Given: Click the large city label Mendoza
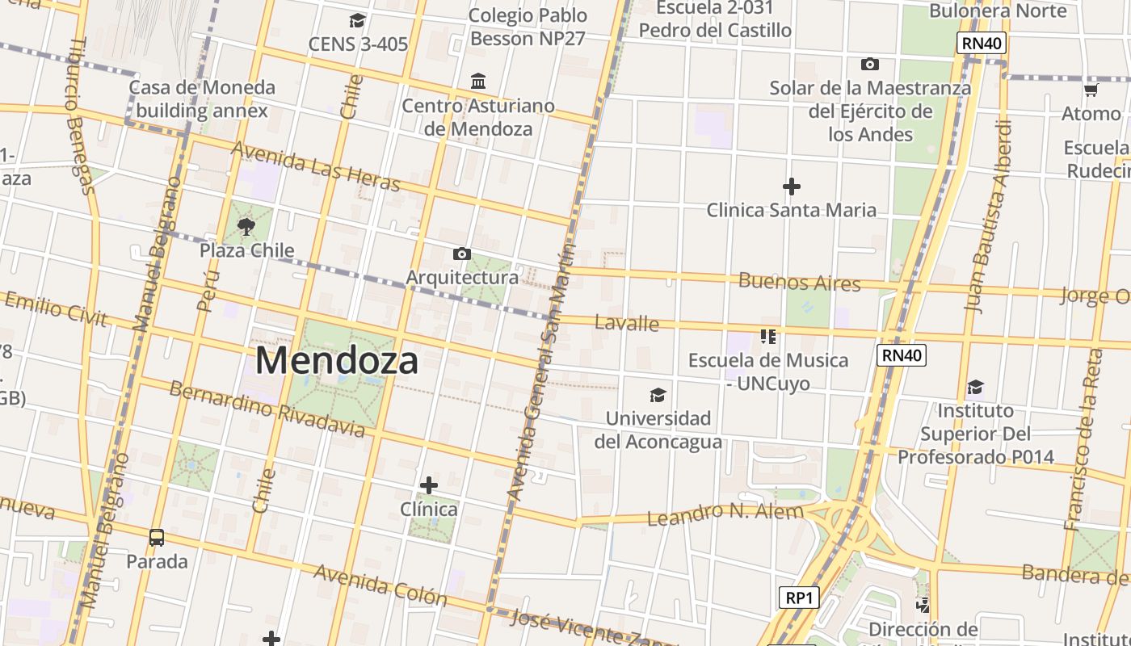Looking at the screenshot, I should click(x=337, y=360).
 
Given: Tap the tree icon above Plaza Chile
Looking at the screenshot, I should click(x=246, y=227).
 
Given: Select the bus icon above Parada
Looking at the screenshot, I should click(x=157, y=537).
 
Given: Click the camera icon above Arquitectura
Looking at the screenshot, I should click(x=461, y=254).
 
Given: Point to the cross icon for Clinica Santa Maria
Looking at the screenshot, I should click(x=792, y=187).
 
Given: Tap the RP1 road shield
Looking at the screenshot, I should click(x=799, y=598).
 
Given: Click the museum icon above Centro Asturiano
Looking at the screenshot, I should click(x=478, y=82).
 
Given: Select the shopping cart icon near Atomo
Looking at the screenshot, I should click(x=1091, y=90).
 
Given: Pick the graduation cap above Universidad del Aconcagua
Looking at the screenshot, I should click(x=658, y=395).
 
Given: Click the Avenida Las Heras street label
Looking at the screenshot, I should click(x=316, y=166).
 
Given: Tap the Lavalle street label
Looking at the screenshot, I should click(x=627, y=323).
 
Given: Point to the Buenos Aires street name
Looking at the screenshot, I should click(x=800, y=282).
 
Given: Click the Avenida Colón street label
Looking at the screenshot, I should click(x=380, y=585).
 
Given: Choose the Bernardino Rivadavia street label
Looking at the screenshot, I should click(x=267, y=408).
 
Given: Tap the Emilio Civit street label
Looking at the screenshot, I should click(x=56, y=309).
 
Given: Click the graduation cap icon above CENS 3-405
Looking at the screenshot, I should click(x=357, y=20).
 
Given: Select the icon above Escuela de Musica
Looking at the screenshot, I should click(x=767, y=336).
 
